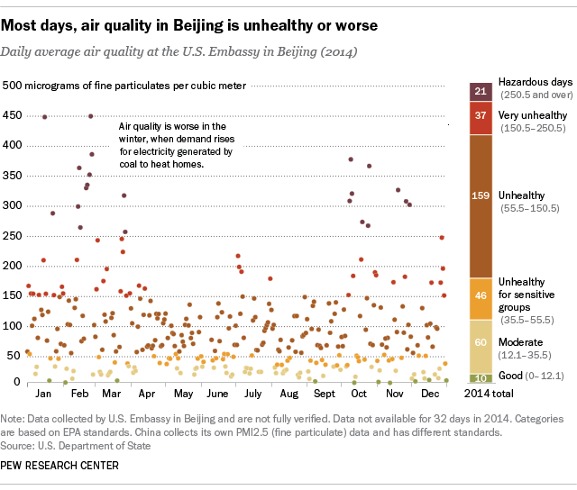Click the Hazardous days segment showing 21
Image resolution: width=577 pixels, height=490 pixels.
(480, 92)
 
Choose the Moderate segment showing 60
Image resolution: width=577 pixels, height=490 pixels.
(480, 342)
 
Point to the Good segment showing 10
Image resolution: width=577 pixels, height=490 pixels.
(480, 377)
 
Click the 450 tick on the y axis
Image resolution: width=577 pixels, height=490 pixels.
(13, 115)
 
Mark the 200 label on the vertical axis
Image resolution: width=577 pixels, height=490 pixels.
(13, 266)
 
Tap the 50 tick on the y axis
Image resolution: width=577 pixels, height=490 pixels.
(16, 356)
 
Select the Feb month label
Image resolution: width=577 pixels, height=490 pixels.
(78, 395)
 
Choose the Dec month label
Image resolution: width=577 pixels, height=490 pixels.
(430, 395)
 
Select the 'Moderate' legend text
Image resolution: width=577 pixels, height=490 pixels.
(520, 341)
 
